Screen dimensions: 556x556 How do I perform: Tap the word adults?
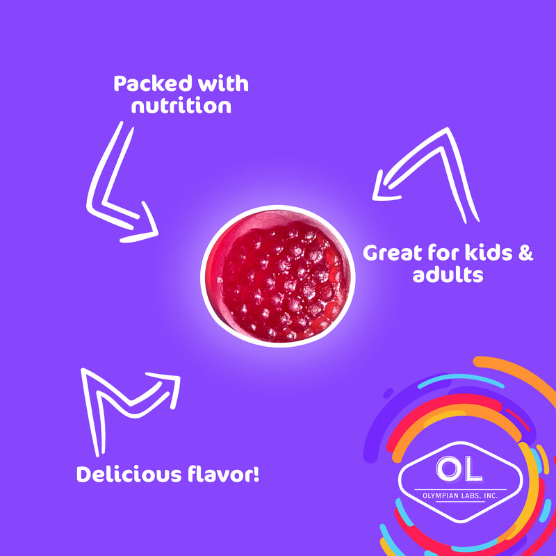tap(447, 275)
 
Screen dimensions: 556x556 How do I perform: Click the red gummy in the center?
tap(277, 276)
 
